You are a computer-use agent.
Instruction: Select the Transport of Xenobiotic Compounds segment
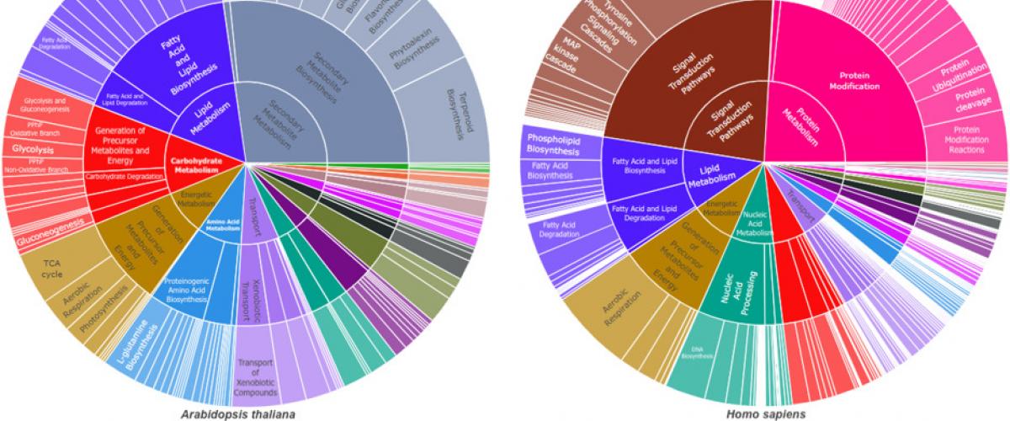coord(257,370)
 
